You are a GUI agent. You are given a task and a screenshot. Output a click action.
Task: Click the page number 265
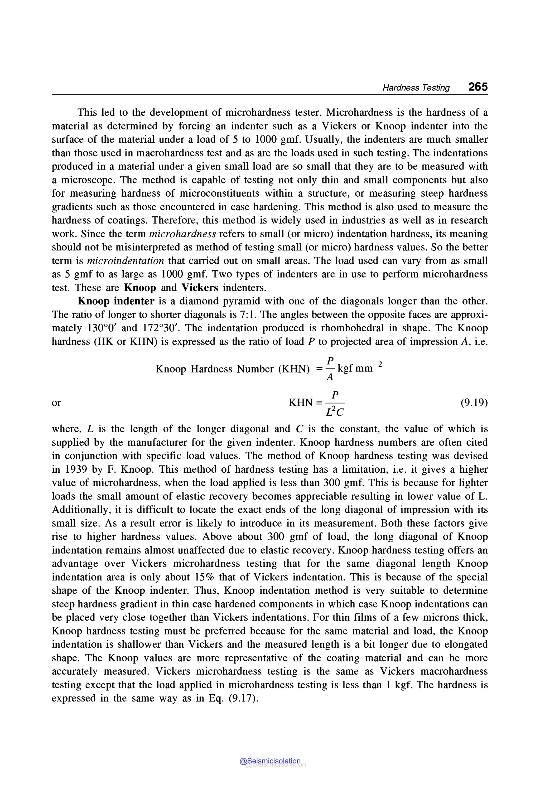tap(478, 87)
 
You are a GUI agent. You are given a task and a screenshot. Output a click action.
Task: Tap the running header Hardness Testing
tap(416, 88)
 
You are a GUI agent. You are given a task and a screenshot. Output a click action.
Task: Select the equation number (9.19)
tap(474, 403)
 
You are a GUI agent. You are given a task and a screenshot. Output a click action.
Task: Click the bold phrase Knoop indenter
tap(116, 301)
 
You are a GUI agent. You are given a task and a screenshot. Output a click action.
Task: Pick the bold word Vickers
tap(200, 288)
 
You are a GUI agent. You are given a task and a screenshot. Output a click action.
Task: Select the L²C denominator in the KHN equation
tap(334, 411)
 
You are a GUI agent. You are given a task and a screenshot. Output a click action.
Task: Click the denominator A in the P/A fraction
tap(330, 378)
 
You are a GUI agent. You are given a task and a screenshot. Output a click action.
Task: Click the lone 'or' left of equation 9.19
tap(56, 403)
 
